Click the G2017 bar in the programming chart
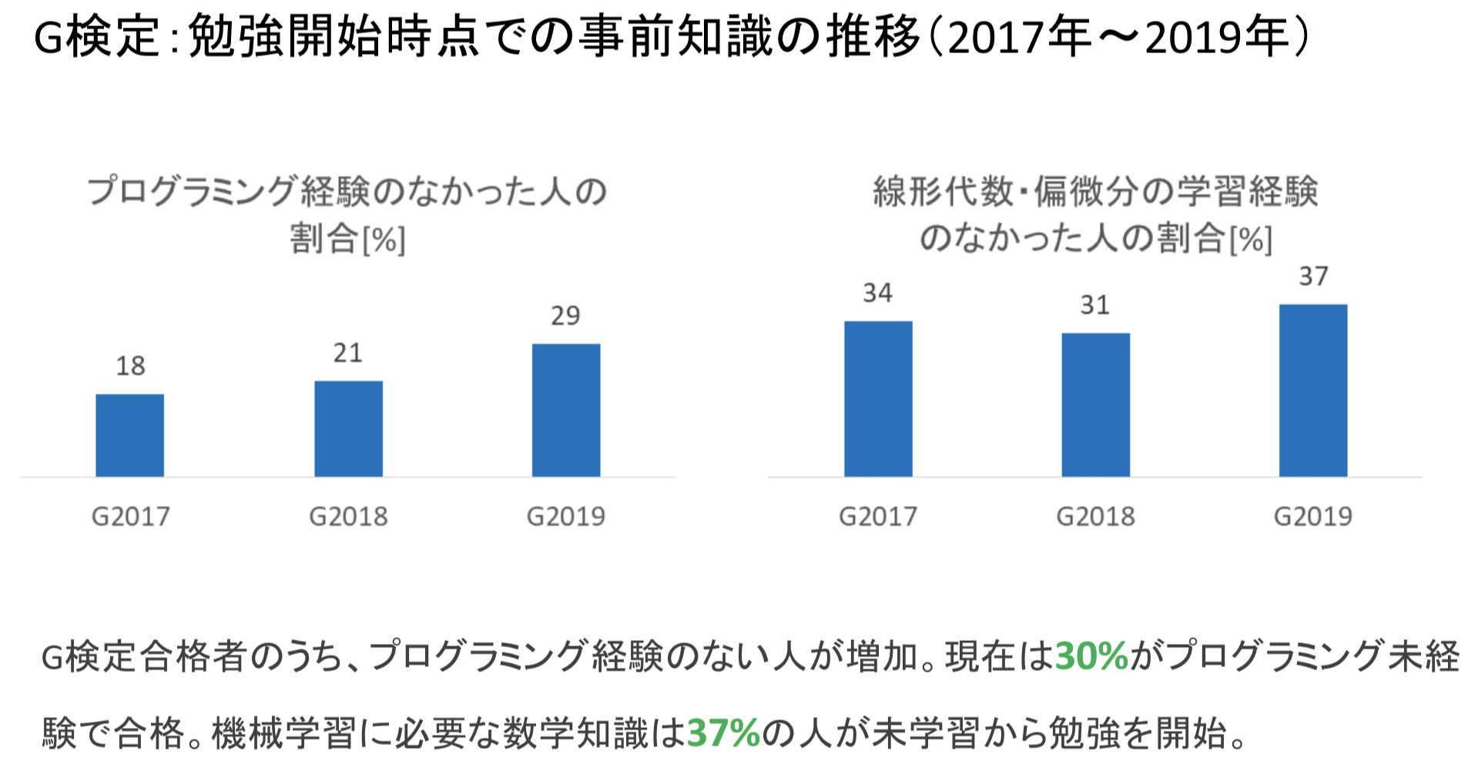[129, 435]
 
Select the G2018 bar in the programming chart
[348, 428]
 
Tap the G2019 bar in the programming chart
[566, 410]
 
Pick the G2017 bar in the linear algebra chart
[878, 399]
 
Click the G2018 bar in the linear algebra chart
[1095, 404]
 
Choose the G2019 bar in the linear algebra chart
[1313, 391]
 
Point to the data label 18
[130, 366]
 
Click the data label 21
[348, 353]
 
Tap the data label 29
[565, 316]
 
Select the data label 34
[877, 293]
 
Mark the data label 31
[1094, 305]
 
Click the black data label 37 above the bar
[1313, 276]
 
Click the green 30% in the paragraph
[1091, 656]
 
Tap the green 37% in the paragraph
[723, 733]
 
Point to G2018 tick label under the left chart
[348, 516]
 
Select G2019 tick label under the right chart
[1312, 516]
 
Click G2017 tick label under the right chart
[878, 516]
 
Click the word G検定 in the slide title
[97, 37]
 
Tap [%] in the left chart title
[384, 240]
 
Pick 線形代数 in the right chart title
[943, 191]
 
